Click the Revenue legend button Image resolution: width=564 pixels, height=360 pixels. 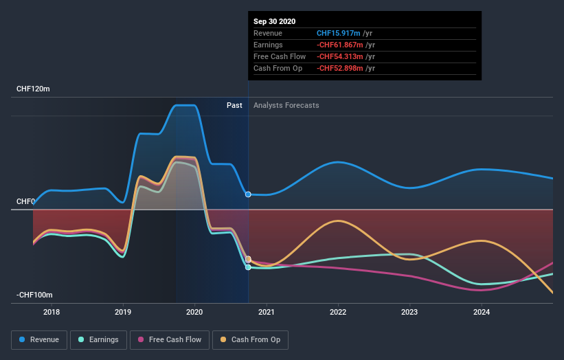[x=40, y=339]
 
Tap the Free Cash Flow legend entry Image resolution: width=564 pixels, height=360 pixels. [x=170, y=339]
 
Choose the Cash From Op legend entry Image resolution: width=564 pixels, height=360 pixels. [x=251, y=339]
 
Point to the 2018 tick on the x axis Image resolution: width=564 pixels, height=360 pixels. [x=52, y=313]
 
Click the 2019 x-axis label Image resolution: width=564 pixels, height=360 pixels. [x=123, y=313]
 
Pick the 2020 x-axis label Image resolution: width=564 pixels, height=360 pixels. [x=195, y=313]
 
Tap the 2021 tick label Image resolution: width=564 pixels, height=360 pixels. [x=267, y=313]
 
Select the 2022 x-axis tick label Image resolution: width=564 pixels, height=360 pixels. [x=338, y=313]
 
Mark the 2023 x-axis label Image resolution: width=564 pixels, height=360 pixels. [x=410, y=313]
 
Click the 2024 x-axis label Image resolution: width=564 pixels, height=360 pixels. [x=482, y=313]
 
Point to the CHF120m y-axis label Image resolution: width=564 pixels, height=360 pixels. [x=34, y=89]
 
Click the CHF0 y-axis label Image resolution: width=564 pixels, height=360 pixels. [x=25, y=201]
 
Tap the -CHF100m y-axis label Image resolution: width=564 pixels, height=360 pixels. [x=35, y=295]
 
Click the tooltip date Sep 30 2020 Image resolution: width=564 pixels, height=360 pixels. [x=274, y=21]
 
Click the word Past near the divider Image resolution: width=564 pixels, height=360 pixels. [x=234, y=105]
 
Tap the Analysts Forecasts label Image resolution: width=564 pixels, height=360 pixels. [x=286, y=105]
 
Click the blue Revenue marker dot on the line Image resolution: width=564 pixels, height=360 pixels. [x=248, y=194]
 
